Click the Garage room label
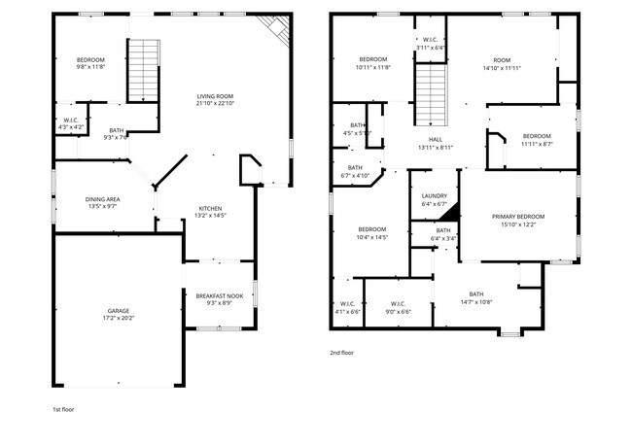(x=117, y=311)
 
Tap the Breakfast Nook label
(x=219, y=295)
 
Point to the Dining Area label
(x=102, y=199)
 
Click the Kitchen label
(x=212, y=208)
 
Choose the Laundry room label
(x=434, y=197)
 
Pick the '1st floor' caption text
(x=63, y=409)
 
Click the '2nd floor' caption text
(x=341, y=353)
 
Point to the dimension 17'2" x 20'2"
(x=117, y=318)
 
